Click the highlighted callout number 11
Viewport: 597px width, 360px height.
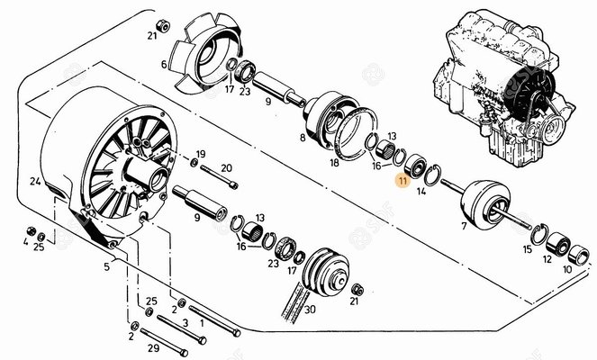(x=403, y=180)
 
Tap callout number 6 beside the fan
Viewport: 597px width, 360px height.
(x=164, y=65)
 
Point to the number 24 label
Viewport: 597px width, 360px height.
(x=35, y=182)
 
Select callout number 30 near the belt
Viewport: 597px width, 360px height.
(x=310, y=310)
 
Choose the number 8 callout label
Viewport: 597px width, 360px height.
(x=303, y=138)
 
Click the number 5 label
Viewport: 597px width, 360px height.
(x=106, y=266)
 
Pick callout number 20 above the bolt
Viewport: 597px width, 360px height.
(x=226, y=167)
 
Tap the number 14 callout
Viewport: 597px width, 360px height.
(x=421, y=191)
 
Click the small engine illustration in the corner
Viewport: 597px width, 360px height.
(x=504, y=89)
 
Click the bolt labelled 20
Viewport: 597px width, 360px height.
(x=219, y=177)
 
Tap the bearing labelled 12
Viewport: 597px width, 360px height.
(x=557, y=244)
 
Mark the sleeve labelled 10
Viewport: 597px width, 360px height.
(x=579, y=254)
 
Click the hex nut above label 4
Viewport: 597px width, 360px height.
(x=32, y=230)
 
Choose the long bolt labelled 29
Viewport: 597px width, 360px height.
(x=164, y=341)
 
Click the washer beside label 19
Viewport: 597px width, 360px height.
(x=194, y=163)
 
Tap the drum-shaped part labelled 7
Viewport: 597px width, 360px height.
(x=485, y=204)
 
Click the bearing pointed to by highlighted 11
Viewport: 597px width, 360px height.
(x=414, y=166)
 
